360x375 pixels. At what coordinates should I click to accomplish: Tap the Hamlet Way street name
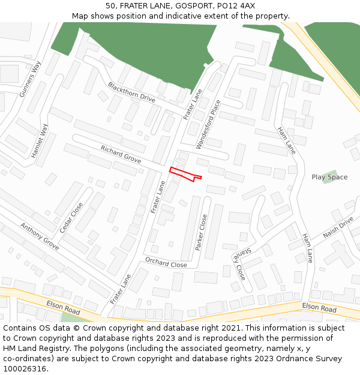pyautogui.click(x=40, y=141)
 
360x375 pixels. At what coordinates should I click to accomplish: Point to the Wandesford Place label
pyautogui.click(x=208, y=124)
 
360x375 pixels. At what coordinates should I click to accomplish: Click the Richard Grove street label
pyautogui.click(x=121, y=154)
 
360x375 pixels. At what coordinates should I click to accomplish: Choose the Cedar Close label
pyautogui.click(x=71, y=217)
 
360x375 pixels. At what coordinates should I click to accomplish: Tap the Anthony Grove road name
pyautogui.click(x=40, y=236)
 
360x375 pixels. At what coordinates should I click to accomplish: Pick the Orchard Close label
pyautogui.click(x=166, y=262)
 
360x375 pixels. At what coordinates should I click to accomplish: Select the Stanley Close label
pyautogui.click(x=239, y=265)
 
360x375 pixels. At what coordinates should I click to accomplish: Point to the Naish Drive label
pyautogui.click(x=338, y=228)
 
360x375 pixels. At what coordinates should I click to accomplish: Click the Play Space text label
pyautogui.click(x=329, y=177)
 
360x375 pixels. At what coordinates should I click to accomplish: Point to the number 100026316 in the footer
pyautogui.click(x=25, y=369)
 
